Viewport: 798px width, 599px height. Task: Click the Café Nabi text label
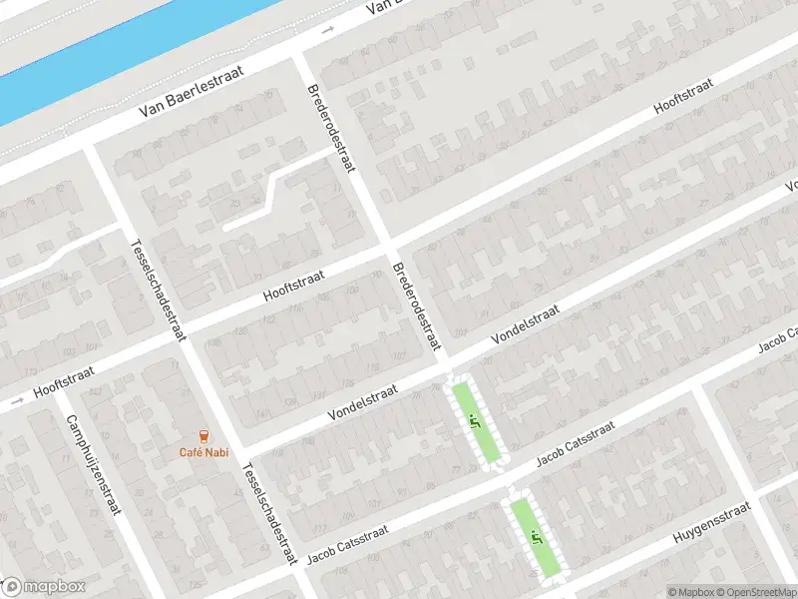pyautogui.click(x=203, y=451)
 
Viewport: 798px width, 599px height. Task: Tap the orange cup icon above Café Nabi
pyautogui.click(x=204, y=435)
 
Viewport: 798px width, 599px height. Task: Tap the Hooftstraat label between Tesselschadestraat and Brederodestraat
pyautogui.click(x=295, y=283)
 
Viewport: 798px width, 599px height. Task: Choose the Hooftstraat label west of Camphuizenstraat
pyautogui.click(x=64, y=379)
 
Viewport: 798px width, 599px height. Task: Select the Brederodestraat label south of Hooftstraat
pyautogui.click(x=417, y=306)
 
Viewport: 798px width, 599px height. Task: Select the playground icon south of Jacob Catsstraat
pyautogui.click(x=538, y=538)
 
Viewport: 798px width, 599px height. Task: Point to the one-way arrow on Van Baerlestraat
pyautogui.click(x=327, y=31)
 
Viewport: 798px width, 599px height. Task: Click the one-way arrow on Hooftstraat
pyautogui.click(x=14, y=402)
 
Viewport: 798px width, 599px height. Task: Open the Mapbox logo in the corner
pyautogui.click(x=44, y=587)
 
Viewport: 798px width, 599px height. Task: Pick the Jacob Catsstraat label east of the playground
pyautogui.click(x=576, y=444)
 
